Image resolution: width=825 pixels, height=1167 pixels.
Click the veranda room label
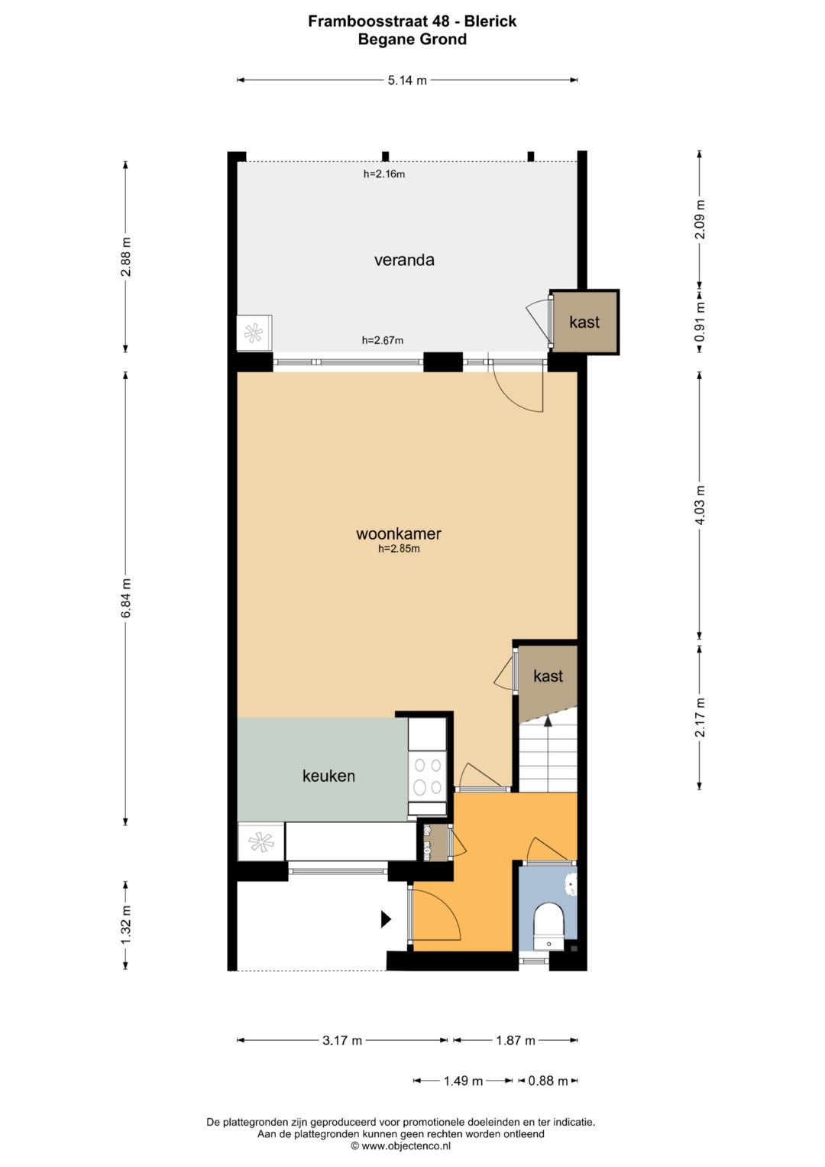pos(404,260)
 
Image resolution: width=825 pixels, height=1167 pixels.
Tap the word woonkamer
pos(399,533)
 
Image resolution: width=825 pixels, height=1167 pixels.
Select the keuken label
pos(328,776)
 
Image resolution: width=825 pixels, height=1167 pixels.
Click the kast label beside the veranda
pos(584,322)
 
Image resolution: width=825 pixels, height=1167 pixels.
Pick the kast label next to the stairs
pos(548,676)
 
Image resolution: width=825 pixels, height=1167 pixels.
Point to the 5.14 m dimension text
pos(407,80)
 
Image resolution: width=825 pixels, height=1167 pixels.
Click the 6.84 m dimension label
pos(126,598)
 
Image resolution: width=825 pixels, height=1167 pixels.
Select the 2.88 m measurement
pos(126,258)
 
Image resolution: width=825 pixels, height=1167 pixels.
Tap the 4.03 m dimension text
pos(700,505)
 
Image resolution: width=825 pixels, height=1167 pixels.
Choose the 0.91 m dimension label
pos(700,322)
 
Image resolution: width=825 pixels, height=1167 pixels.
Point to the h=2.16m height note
pos(384,174)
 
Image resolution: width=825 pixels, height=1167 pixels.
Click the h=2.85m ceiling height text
pos(399,548)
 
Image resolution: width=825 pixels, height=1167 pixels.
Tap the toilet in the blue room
pos(549,927)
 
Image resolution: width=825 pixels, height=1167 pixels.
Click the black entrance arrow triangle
pos(386,919)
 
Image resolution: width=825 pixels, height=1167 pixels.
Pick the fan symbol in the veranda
pos(254,333)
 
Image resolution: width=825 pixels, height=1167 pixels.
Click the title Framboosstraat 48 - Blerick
pos(412,21)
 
